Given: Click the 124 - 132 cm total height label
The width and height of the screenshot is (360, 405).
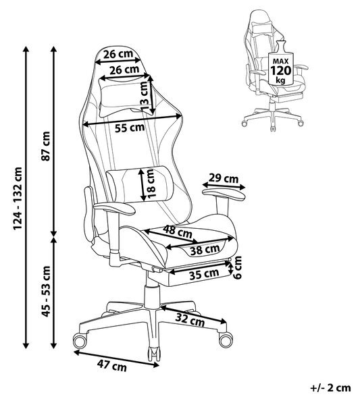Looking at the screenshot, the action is [x=18, y=198].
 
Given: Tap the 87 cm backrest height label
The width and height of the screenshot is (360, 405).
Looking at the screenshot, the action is [x=46, y=146].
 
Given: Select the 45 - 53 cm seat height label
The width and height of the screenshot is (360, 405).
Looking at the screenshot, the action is [x=46, y=291].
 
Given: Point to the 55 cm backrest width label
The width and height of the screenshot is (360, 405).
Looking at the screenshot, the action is [x=130, y=128].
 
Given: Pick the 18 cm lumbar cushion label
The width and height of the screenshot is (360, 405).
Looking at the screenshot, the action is [x=152, y=184].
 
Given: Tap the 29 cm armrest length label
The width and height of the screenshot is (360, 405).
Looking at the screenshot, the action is [x=224, y=178].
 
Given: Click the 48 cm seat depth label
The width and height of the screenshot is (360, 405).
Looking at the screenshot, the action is [x=178, y=232].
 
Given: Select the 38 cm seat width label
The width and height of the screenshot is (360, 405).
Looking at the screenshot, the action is [x=205, y=250].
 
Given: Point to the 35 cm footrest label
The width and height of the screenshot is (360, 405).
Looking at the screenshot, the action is [x=204, y=274].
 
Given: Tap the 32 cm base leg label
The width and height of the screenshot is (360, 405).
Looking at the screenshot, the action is [x=190, y=320].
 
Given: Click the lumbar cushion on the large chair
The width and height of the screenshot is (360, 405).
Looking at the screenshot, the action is [x=140, y=184].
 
